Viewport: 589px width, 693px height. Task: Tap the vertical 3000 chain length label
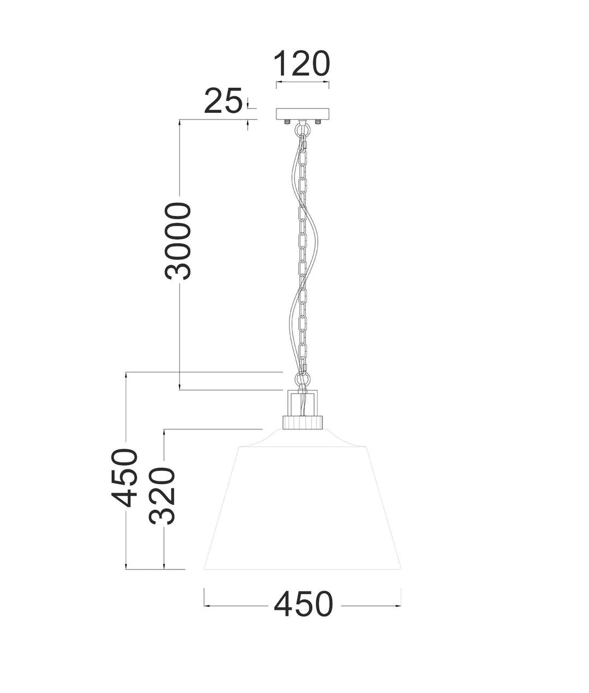click(x=179, y=241)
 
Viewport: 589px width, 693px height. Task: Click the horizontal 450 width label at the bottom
click(x=303, y=605)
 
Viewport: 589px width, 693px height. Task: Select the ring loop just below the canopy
click(x=303, y=129)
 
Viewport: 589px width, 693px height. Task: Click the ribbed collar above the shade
click(x=303, y=421)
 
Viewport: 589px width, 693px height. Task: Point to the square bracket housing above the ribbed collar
click(x=303, y=402)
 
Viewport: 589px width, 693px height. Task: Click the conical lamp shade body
click(x=303, y=507)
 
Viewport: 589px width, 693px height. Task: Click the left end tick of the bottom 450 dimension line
click(x=204, y=605)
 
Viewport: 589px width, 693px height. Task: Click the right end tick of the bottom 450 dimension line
click(x=401, y=605)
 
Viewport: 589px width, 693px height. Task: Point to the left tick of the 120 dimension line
click(x=277, y=83)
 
